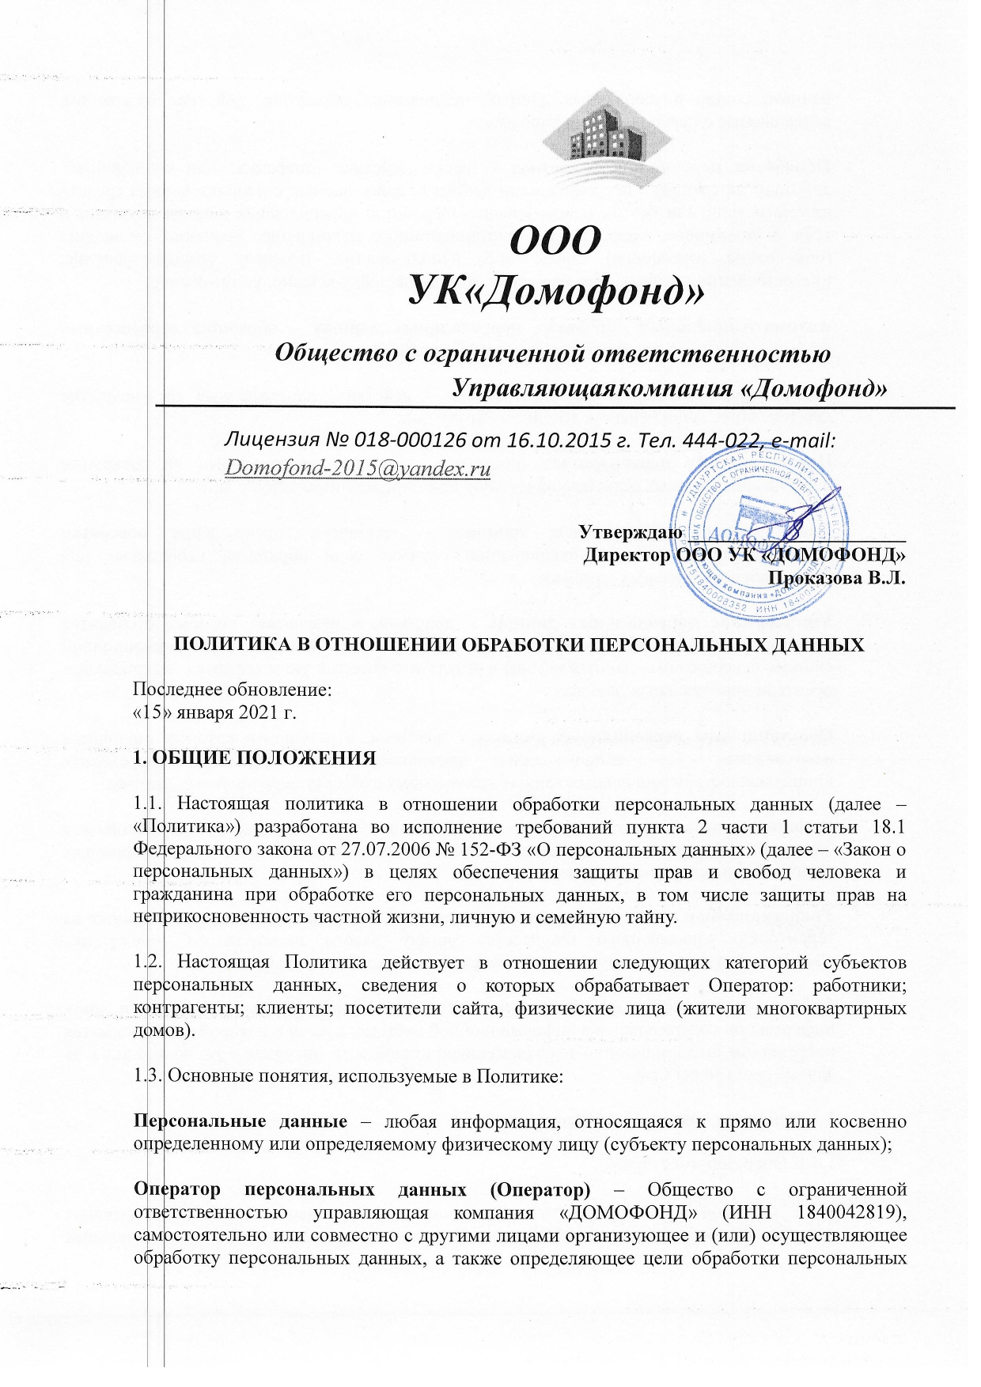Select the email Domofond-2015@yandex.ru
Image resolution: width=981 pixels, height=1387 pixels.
[358, 468]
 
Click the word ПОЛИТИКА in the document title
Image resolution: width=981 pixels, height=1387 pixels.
[226, 644]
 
